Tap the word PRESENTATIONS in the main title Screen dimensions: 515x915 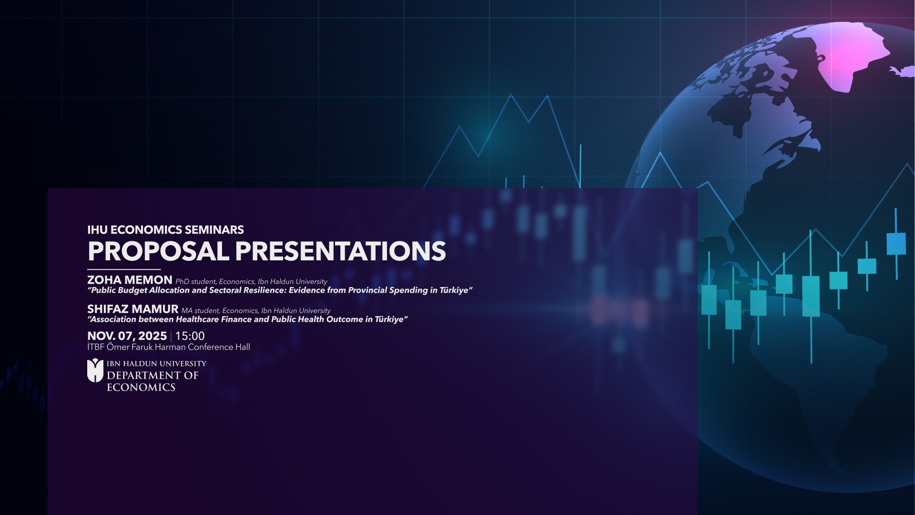click(340, 251)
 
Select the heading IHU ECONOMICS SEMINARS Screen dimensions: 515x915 click(165, 230)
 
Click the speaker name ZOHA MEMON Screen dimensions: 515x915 click(130, 280)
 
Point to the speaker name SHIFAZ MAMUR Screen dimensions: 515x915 click(132, 309)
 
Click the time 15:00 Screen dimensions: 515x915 click(190, 336)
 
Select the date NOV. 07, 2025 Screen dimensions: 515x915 click(127, 336)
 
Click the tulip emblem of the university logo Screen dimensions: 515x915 click(95, 371)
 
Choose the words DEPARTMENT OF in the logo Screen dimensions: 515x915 click(152, 376)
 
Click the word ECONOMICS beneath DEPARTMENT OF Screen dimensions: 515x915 click(141, 388)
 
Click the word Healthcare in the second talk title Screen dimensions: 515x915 click(197, 319)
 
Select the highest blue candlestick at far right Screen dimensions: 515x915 click(896, 243)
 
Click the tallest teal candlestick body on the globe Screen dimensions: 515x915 click(811, 296)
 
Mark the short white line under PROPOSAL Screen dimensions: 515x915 click(124, 270)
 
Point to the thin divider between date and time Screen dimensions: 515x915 click(171, 337)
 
